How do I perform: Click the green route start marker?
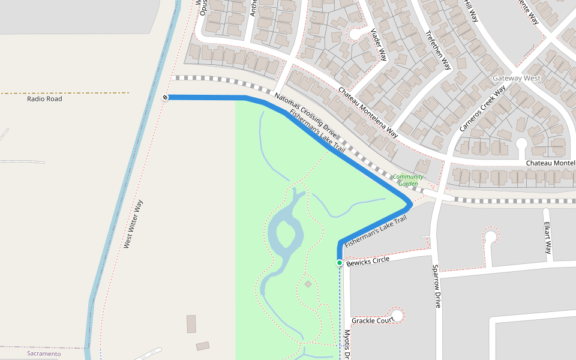tap(340, 263)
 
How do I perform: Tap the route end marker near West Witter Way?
tap(164, 97)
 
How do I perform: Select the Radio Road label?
tap(44, 99)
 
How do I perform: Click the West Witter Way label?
tap(133, 224)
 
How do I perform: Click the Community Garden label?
tap(409, 180)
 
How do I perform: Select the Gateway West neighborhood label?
tap(516, 79)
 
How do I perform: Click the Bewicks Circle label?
tap(368, 260)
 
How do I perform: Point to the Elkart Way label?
tap(547, 238)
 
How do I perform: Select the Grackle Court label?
tap(373, 320)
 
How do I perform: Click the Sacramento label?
tap(44, 354)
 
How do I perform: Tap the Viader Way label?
tap(379, 45)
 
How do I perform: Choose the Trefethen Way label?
tap(437, 50)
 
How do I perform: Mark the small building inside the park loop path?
tap(308, 284)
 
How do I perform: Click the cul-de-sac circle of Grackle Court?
tap(397, 314)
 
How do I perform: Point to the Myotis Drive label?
tap(346, 344)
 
